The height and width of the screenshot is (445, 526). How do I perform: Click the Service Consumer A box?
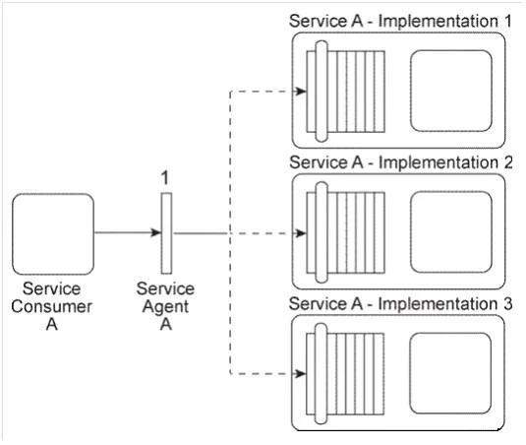click(53, 234)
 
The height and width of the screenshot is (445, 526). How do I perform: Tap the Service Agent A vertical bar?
click(166, 233)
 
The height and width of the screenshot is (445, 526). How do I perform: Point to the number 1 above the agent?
click(164, 178)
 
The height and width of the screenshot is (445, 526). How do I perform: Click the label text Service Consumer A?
click(52, 306)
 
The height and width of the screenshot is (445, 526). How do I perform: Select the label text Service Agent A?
click(165, 306)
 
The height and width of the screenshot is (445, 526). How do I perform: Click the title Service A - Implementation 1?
click(400, 21)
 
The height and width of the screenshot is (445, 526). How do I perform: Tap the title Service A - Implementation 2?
click(401, 162)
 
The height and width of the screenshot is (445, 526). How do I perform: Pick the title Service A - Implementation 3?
click(400, 304)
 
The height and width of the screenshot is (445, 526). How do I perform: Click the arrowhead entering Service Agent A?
click(156, 232)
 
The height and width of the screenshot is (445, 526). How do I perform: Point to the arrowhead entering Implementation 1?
click(301, 91)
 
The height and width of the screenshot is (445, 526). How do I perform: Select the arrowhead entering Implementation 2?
click(301, 233)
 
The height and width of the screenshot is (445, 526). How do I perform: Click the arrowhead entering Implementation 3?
click(301, 373)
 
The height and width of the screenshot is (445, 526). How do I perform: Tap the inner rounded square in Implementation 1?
click(451, 91)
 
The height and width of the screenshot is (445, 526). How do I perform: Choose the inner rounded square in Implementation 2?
click(451, 232)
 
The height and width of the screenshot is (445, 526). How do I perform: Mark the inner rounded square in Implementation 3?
click(451, 373)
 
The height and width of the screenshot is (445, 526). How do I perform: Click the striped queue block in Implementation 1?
click(345, 92)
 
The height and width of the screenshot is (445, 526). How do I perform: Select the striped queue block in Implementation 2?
click(345, 232)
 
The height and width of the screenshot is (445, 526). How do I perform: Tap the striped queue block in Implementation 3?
click(345, 374)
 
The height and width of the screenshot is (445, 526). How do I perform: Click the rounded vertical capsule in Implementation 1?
click(321, 92)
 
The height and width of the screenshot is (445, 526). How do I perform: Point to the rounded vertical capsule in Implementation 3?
click(321, 374)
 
